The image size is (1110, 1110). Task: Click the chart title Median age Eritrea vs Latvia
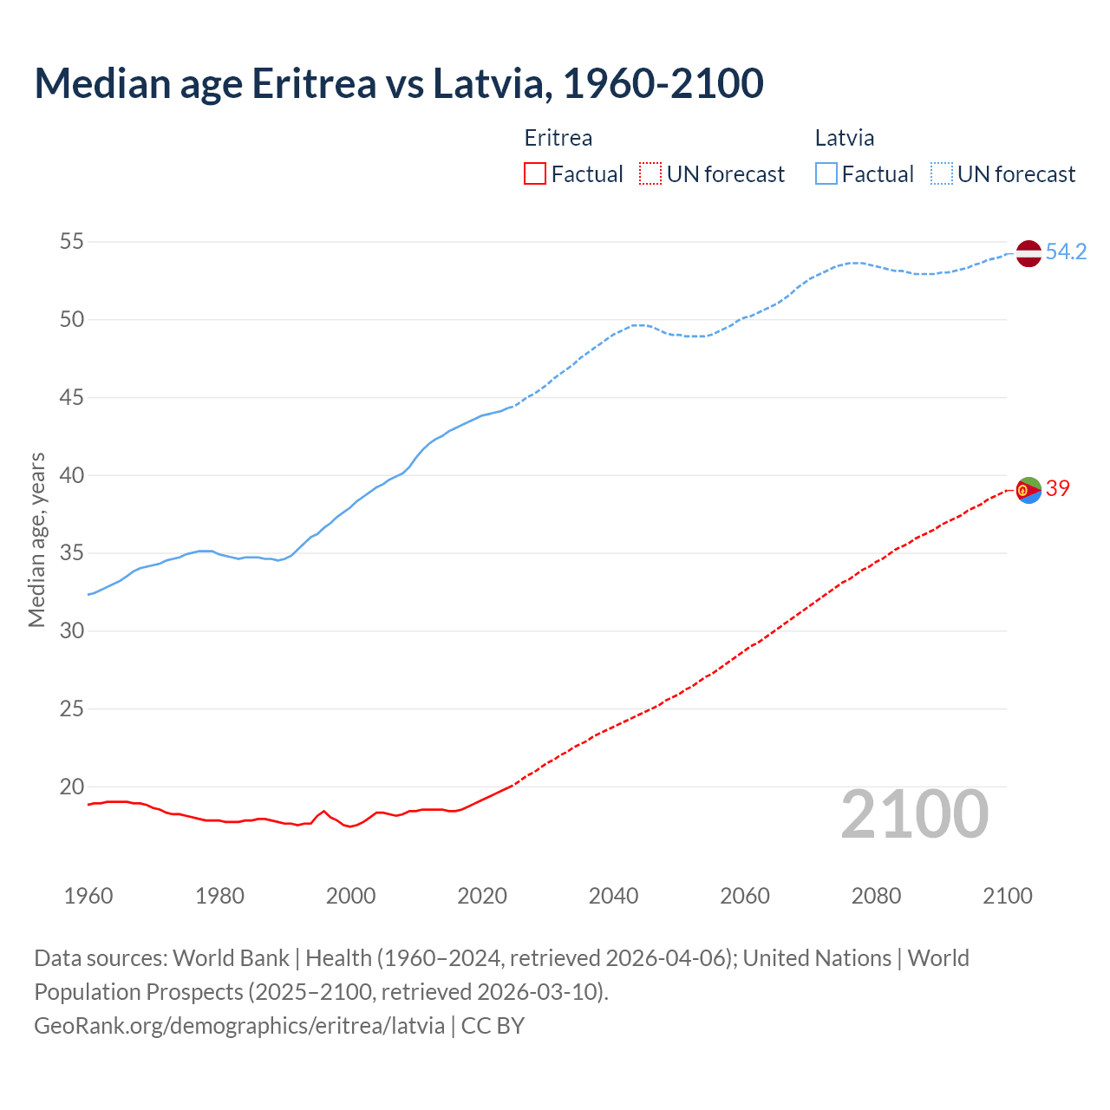(399, 83)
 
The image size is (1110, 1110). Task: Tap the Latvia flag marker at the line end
(1028, 253)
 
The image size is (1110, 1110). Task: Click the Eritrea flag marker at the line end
(1028, 490)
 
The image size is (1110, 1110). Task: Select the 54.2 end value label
(1066, 252)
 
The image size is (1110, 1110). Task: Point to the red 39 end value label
(1058, 489)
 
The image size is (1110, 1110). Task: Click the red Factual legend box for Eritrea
(535, 174)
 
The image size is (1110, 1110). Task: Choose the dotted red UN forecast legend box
(650, 174)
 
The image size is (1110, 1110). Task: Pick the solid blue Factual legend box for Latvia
(826, 174)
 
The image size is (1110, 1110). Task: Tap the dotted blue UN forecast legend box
(941, 174)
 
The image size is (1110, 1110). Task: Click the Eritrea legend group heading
(558, 138)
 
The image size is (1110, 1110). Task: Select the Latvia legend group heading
(845, 138)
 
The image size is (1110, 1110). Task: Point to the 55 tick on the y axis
(72, 242)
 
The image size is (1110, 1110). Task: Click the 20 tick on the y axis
(72, 787)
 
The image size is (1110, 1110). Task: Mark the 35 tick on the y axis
(72, 553)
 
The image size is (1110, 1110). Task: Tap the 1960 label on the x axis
(88, 896)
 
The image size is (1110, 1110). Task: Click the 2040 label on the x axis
(613, 896)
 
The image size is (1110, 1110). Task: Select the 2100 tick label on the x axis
(1008, 896)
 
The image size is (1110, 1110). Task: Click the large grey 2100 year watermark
(915, 814)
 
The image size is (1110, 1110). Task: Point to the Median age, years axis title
(36, 539)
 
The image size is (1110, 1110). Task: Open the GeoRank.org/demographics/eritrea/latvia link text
(239, 1026)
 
